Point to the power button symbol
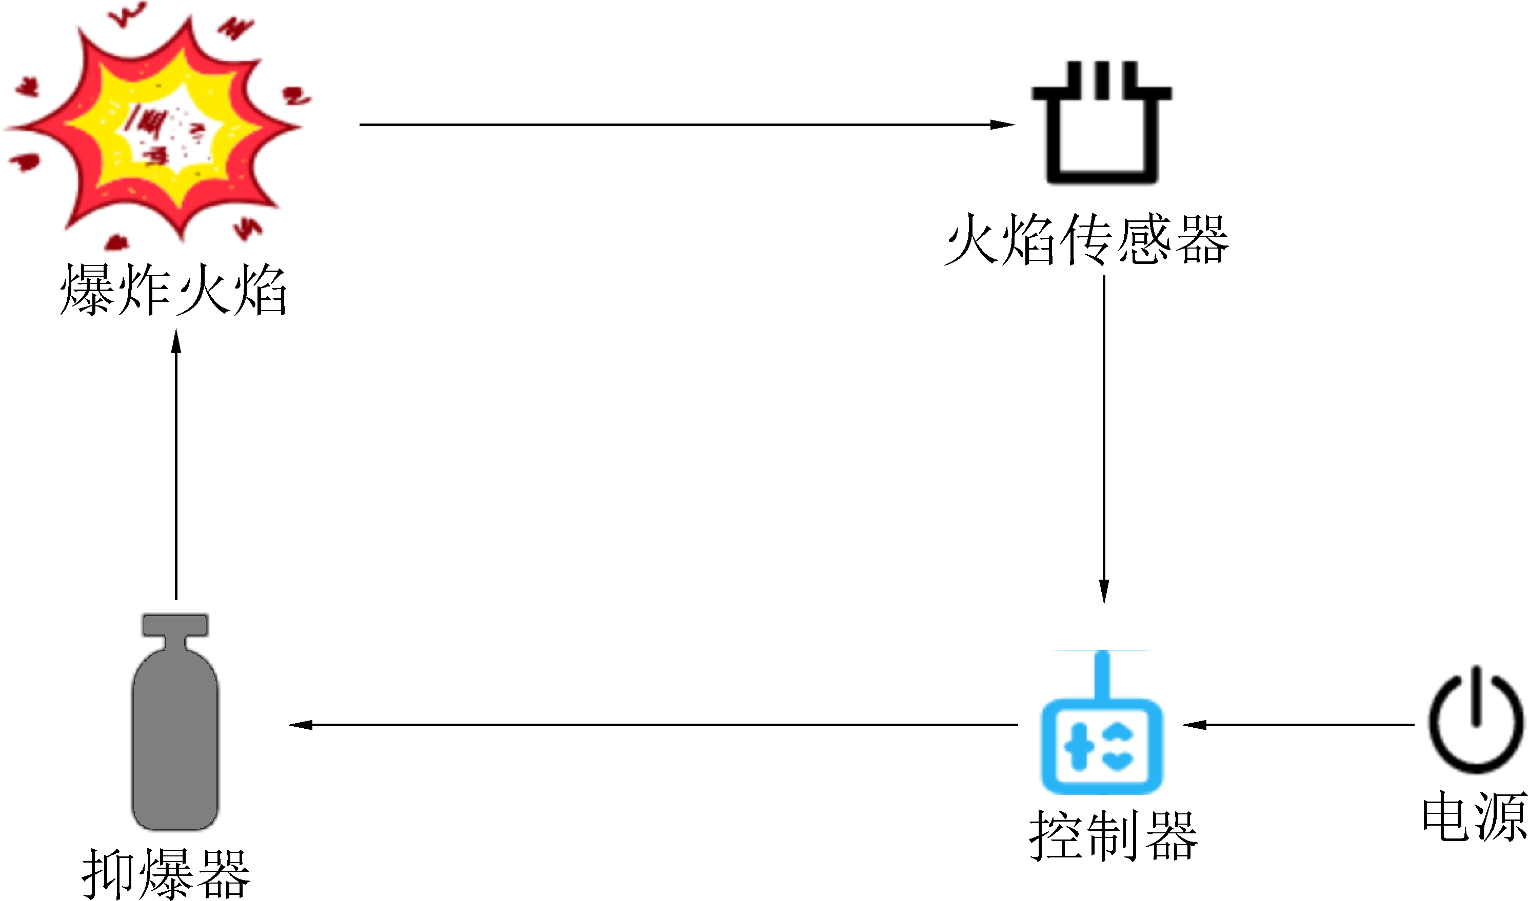1475,720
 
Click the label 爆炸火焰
173,290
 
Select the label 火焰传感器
1086,240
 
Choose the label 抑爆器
166,874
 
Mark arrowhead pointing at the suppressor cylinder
300,725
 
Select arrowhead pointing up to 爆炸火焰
176,341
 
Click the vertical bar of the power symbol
1475,695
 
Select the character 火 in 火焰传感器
971,240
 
